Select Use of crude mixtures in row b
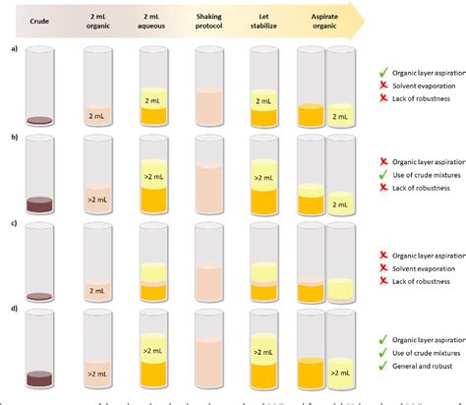point(423,176)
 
